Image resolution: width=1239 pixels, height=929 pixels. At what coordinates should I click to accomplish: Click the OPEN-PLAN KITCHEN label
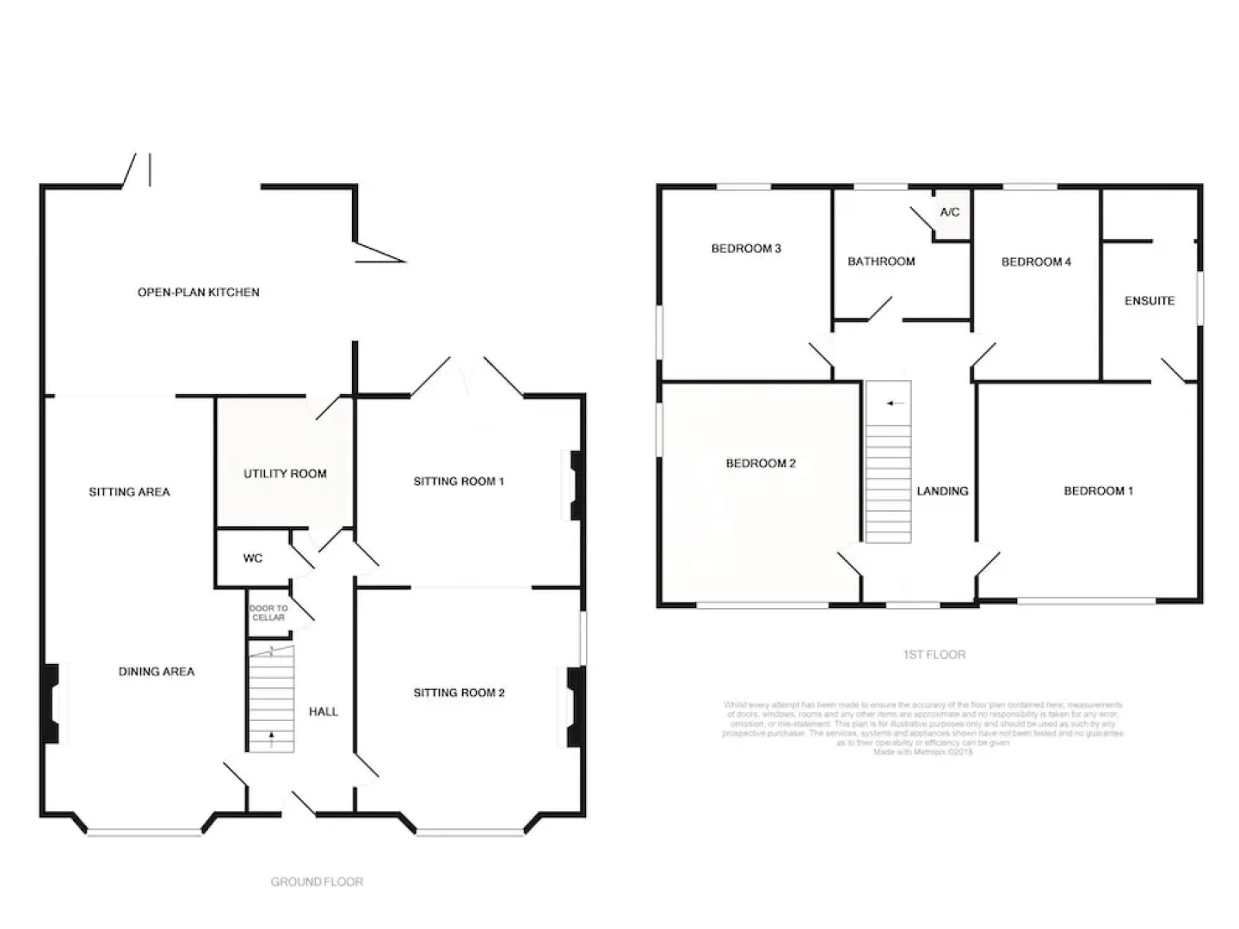(x=198, y=292)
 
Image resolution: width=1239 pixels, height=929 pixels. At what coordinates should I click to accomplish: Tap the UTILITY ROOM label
(x=285, y=474)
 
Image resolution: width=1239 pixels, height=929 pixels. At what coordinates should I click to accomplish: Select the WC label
(x=252, y=559)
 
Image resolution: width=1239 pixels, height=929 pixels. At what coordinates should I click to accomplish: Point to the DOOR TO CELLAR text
(x=268, y=613)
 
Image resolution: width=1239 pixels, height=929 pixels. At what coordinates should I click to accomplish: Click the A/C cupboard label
(x=949, y=212)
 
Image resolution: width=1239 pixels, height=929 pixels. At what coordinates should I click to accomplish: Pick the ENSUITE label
(x=1149, y=301)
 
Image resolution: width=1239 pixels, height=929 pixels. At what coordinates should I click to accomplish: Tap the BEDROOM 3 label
(x=746, y=249)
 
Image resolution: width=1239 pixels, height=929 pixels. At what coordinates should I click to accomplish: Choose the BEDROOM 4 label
(x=1036, y=262)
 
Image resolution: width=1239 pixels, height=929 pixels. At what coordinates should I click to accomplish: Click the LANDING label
(x=942, y=491)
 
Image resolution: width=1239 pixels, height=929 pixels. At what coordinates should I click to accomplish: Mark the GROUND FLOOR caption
(x=317, y=882)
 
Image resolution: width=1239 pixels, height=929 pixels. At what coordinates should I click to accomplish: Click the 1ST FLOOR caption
(x=934, y=655)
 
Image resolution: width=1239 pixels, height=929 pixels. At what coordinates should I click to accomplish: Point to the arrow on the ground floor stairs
(x=273, y=736)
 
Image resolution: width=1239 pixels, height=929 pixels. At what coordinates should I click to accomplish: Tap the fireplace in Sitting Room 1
(x=576, y=486)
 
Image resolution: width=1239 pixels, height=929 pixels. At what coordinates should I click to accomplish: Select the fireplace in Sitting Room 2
(x=574, y=707)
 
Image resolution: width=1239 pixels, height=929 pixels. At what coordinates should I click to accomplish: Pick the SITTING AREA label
(x=129, y=492)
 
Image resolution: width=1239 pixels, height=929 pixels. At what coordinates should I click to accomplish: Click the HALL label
(x=323, y=712)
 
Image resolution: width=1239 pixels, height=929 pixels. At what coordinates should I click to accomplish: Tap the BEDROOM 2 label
(x=761, y=464)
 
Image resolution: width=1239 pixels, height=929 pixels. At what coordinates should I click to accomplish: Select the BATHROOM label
(x=881, y=261)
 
